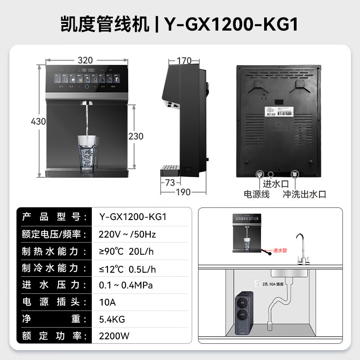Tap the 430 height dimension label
pos(39,121)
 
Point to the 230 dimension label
pos(136,136)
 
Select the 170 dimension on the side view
pos(184,61)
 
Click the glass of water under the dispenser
pos(87,153)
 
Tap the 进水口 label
pos(274,183)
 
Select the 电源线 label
pos(256,194)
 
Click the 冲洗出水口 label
pos(304,194)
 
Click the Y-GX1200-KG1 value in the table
pos(133,217)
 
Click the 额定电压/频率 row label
pos(54,234)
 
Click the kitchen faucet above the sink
pos(300,250)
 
